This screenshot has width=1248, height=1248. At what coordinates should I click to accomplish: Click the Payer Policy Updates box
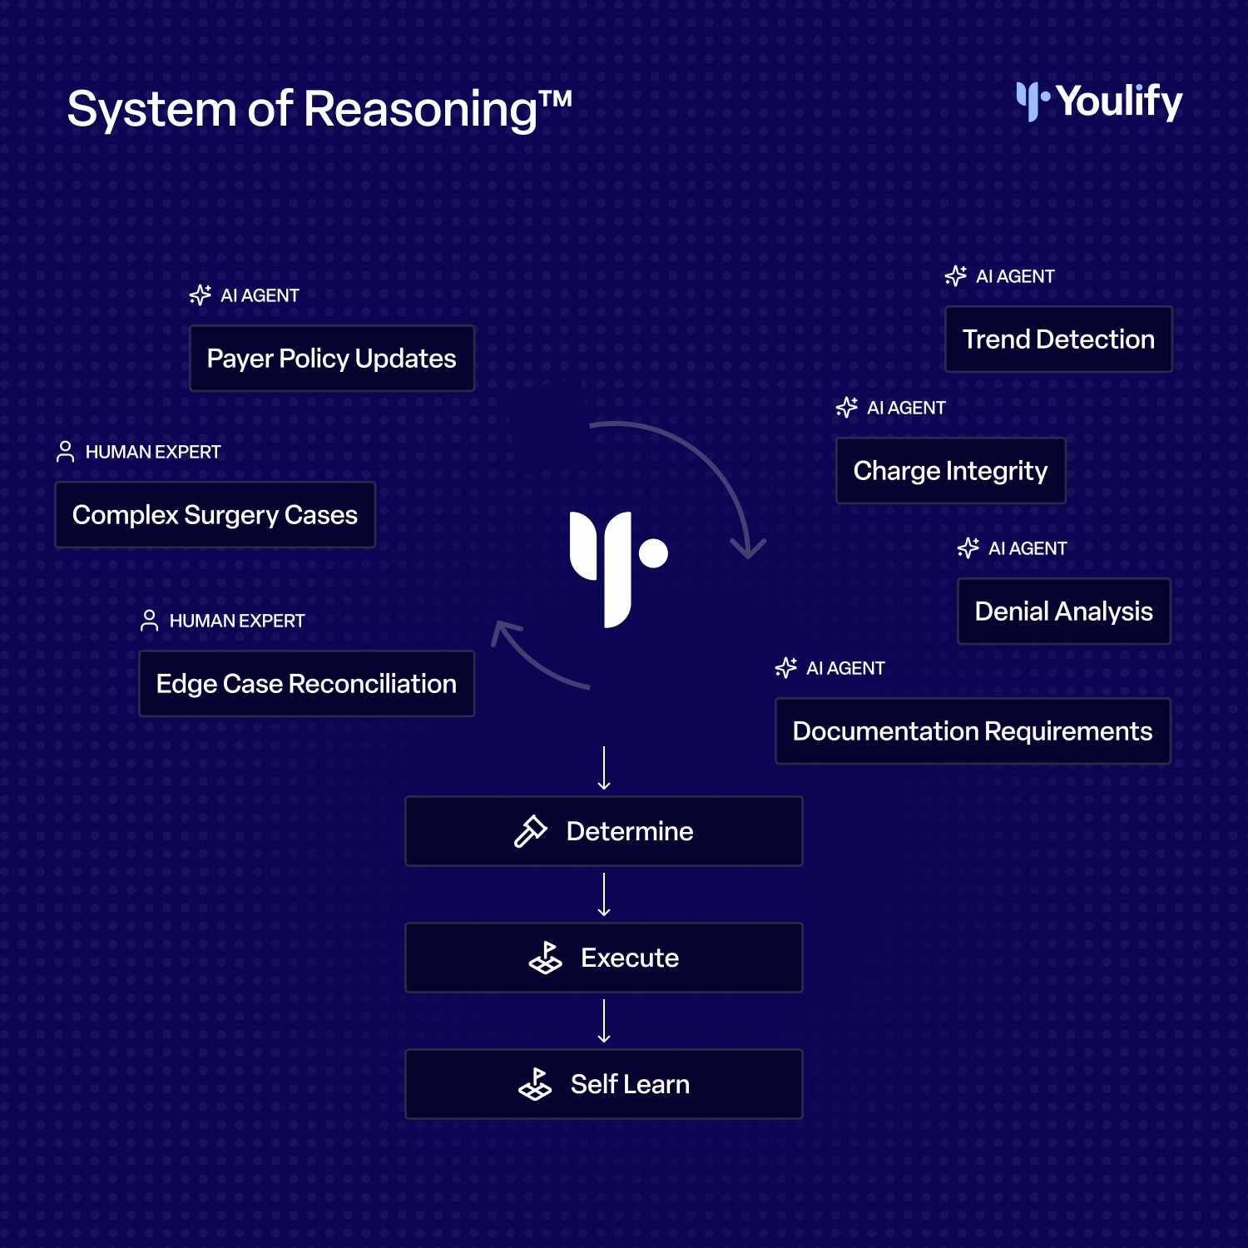click(x=332, y=359)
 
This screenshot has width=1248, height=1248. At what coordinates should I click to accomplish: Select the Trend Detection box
click(x=1058, y=339)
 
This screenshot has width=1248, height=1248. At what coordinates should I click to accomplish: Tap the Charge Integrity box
click(x=951, y=471)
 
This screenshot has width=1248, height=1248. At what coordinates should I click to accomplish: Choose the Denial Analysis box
click(x=1064, y=612)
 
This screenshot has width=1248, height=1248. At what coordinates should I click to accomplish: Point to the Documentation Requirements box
click(x=973, y=731)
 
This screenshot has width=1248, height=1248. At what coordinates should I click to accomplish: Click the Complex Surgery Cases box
click(x=215, y=515)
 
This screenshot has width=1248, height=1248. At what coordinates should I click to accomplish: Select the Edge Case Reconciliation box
click(x=307, y=684)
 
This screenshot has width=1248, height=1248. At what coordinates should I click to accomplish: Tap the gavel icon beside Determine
click(x=531, y=831)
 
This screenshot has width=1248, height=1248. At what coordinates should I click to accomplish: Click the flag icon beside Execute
click(x=546, y=958)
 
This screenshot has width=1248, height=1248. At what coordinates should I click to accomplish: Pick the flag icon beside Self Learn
click(x=535, y=1084)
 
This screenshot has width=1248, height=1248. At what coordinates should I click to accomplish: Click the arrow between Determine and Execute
click(x=604, y=895)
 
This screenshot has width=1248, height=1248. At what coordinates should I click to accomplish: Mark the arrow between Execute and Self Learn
click(x=604, y=1022)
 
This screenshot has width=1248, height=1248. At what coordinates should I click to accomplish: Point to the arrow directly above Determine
click(x=604, y=769)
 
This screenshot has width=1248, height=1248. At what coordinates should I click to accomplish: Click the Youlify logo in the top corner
click(x=1099, y=102)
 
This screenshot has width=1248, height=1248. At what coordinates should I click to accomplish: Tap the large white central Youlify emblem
click(x=617, y=569)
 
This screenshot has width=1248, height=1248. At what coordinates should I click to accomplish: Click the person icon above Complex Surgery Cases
click(x=65, y=452)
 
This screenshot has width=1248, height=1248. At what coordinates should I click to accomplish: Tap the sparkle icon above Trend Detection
click(x=956, y=276)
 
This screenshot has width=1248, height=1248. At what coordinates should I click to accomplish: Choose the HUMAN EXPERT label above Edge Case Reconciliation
click(x=237, y=621)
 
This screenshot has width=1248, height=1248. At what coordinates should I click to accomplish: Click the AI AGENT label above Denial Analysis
click(x=1028, y=548)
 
